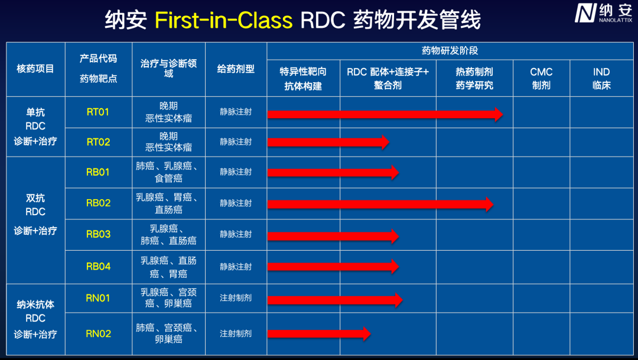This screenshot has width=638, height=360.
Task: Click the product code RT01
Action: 98,112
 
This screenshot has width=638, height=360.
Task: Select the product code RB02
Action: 98,203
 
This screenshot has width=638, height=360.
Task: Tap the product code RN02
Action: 98,333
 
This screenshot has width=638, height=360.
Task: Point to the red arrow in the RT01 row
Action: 385,114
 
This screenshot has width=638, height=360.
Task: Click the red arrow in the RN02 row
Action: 319,333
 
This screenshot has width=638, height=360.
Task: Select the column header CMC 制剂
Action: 541,78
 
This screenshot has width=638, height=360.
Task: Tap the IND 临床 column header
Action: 601,78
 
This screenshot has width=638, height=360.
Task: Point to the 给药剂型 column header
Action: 236,69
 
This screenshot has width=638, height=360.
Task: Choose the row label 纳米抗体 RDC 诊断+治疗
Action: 35,319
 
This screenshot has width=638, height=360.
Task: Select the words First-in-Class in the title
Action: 223,20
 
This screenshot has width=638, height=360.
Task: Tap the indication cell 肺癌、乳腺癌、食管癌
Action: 168,172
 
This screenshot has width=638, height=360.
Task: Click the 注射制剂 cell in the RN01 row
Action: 236,298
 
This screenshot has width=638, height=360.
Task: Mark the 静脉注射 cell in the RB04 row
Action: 236,267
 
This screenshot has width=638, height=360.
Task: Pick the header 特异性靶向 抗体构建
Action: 303,78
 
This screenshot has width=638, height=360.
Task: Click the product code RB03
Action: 98,234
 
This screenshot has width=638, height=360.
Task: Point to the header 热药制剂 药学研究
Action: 474,78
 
